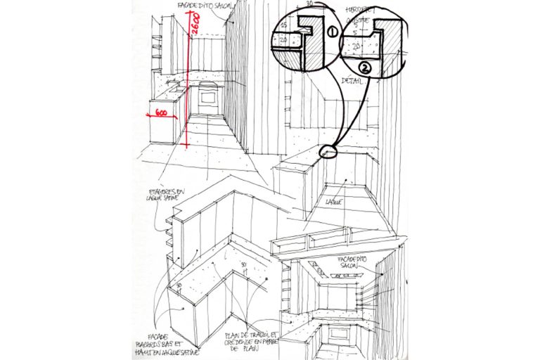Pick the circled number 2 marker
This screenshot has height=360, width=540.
(365, 67)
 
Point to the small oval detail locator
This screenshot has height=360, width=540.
(328, 150)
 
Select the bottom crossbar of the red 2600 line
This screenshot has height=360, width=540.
(186, 144)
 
